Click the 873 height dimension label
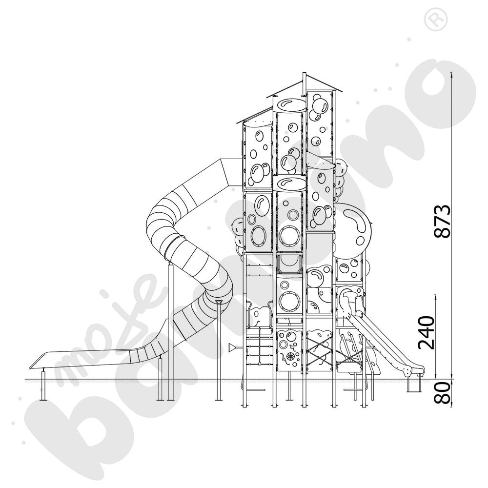coord(443,221)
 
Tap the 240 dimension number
coord(426,332)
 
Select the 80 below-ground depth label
coord(443,393)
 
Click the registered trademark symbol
coord(436,20)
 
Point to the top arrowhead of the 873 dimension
coord(451,74)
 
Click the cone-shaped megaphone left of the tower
coord(233,347)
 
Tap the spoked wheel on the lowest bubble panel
coord(291,356)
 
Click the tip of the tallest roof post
coord(305,73)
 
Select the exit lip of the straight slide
coord(415,371)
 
